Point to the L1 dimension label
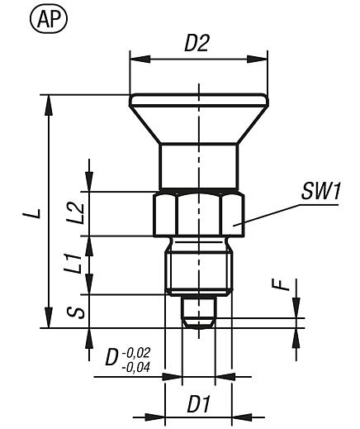73,265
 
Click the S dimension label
73,312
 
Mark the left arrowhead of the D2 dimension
134,58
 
